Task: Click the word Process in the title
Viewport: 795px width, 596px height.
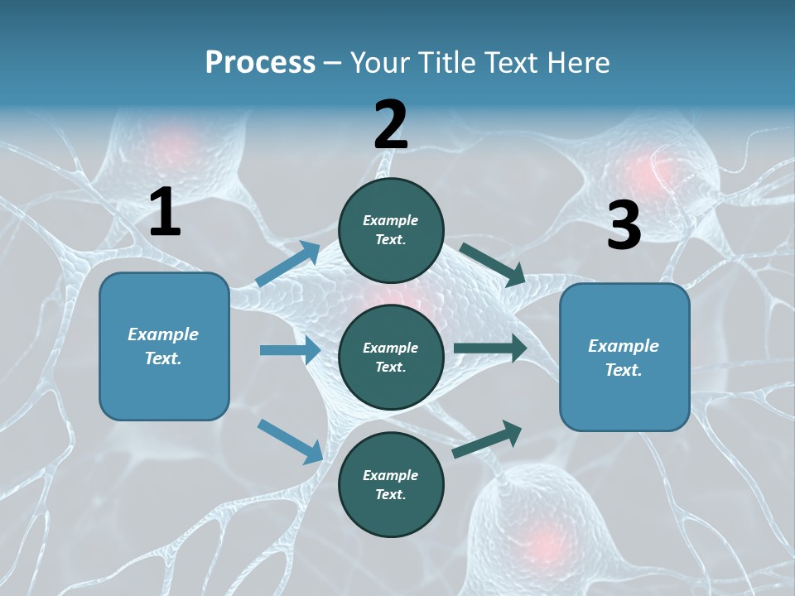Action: pos(260,62)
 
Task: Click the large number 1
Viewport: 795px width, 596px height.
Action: pos(165,213)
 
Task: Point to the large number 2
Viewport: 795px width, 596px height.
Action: pos(391,126)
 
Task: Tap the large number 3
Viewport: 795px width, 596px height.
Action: pos(624,227)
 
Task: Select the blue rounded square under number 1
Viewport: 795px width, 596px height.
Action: pos(164,346)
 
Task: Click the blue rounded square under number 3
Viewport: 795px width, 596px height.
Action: pos(624,358)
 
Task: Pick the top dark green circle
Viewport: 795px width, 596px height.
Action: pos(391,230)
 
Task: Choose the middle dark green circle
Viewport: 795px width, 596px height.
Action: pos(391,357)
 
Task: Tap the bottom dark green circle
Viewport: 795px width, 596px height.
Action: pos(391,484)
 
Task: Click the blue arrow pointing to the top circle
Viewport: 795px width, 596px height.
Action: pos(287,264)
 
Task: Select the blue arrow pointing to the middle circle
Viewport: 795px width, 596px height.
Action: pos(289,350)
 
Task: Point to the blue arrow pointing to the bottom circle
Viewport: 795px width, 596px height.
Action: pos(290,440)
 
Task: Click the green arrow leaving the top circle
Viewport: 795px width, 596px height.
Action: pos(492,264)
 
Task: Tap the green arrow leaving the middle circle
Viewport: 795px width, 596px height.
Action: pos(489,348)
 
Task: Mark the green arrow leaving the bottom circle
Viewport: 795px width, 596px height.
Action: pos(487,440)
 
